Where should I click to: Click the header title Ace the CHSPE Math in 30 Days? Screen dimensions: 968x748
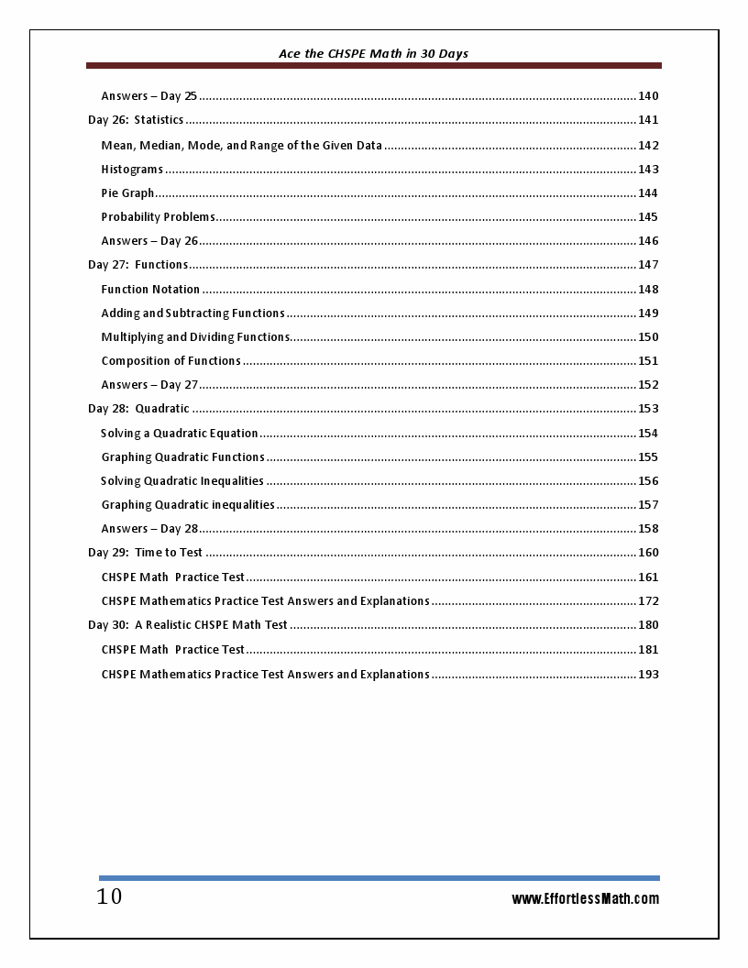[x=373, y=53]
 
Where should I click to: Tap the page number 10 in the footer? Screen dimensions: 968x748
[x=109, y=896]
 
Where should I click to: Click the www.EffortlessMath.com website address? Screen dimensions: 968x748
[x=585, y=898]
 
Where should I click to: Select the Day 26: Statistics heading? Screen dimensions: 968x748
[x=136, y=120]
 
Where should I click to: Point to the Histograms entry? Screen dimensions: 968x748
[x=132, y=170]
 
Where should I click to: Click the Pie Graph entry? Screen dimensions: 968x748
[x=127, y=193]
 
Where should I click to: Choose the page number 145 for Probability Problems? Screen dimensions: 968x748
[x=647, y=217]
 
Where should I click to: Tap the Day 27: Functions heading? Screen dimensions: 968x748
[x=138, y=265]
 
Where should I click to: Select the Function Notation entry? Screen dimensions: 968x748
[x=150, y=290]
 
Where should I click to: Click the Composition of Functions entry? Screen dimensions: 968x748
[x=170, y=361]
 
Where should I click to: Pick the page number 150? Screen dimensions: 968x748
[x=647, y=337]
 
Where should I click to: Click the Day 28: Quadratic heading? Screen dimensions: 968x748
[x=138, y=409]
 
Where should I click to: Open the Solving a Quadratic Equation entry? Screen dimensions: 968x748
[x=180, y=434]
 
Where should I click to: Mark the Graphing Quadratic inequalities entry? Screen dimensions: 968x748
[x=188, y=505]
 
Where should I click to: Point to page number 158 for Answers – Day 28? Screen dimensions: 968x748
[x=647, y=529]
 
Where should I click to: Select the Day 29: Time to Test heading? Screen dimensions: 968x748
[x=145, y=553]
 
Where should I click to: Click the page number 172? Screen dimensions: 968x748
[x=647, y=601]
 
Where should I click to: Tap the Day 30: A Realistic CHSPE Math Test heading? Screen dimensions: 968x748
[x=188, y=625]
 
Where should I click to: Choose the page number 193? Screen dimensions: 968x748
[x=647, y=675]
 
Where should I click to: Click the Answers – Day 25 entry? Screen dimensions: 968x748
[x=148, y=96]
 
